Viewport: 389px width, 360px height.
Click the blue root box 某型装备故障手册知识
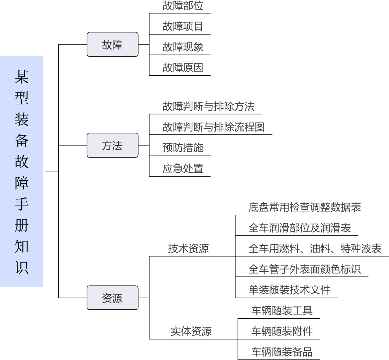(x=22, y=171)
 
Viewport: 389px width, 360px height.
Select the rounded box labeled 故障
(x=113, y=45)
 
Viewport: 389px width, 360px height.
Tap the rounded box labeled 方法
(x=113, y=145)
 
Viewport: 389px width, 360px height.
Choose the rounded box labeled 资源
(x=113, y=298)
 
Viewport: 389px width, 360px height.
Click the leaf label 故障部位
(x=183, y=6)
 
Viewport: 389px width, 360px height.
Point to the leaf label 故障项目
(x=183, y=26)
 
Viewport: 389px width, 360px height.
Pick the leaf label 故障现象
(x=183, y=47)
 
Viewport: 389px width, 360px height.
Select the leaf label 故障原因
(x=183, y=68)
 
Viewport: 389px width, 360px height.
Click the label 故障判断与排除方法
(x=209, y=106)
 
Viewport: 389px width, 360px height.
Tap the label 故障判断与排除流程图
(x=213, y=127)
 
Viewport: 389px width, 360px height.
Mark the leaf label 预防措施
(x=183, y=148)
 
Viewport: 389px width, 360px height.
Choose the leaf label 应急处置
(x=183, y=168)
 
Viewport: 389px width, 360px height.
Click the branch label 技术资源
(x=188, y=248)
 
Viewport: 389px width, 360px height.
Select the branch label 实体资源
(x=191, y=331)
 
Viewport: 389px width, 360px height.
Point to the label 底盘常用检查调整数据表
(x=305, y=207)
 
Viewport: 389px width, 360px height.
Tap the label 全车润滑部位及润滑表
(x=300, y=228)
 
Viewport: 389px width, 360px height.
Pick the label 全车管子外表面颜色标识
(x=305, y=269)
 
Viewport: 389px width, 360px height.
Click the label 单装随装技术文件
(x=289, y=290)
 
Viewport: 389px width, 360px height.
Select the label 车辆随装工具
(x=282, y=310)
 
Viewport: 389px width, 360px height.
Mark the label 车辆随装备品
(x=282, y=352)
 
